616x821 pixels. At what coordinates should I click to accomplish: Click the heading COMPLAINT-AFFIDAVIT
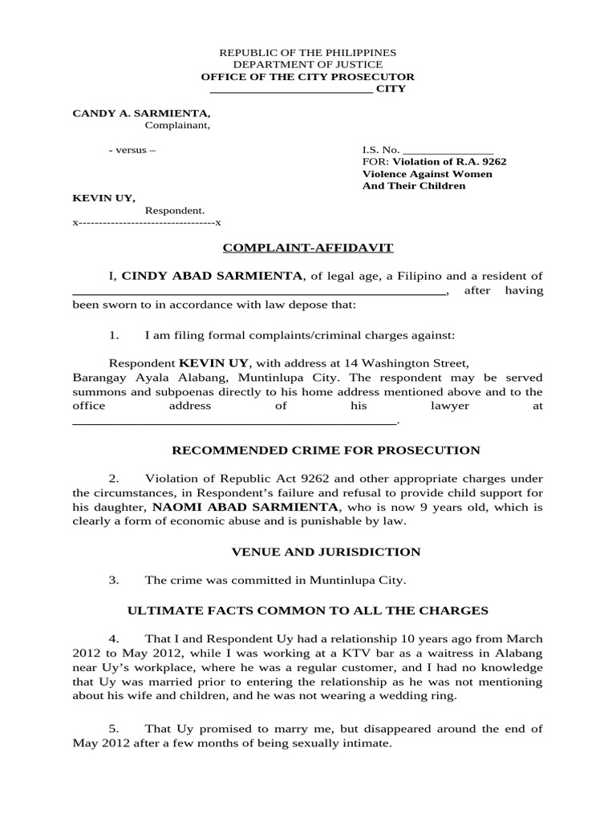pos(307,249)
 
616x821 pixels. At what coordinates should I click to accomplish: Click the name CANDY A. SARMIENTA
pos(141,113)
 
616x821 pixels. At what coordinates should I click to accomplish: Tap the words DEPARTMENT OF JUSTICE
pos(308,64)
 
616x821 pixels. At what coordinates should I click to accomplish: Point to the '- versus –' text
pos(132,150)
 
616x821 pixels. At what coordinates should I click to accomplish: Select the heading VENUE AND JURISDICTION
pos(326,552)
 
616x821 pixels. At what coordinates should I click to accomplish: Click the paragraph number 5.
pos(114,729)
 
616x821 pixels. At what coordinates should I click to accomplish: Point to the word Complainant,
pos(177,125)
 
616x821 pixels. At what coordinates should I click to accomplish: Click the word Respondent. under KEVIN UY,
pos(169,210)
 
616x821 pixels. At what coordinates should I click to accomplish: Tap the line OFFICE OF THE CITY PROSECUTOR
pos(308,76)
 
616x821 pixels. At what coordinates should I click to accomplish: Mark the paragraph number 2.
pos(114,479)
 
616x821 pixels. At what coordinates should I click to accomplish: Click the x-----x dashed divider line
pos(147,222)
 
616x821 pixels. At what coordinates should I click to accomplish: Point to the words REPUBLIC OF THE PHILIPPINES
pos(308,52)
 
